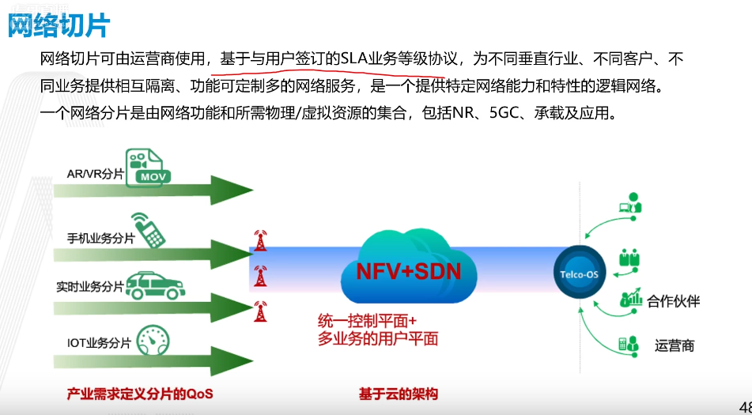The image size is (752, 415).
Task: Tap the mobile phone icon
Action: [x=148, y=228]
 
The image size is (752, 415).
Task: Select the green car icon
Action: [x=157, y=285]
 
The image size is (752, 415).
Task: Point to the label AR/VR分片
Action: [x=96, y=173]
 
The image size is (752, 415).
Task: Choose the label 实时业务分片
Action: [x=89, y=287]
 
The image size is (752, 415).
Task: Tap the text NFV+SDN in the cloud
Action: [x=408, y=273]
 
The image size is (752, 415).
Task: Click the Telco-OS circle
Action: [x=577, y=274]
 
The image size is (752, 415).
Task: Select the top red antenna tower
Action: [x=259, y=240]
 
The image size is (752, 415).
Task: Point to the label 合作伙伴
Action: [x=673, y=301]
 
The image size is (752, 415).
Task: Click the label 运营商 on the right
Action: [x=675, y=345]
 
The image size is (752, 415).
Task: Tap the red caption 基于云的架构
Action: [x=398, y=394]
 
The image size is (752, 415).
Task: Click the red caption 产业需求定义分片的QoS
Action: [x=140, y=394]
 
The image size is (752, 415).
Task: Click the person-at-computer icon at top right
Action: [x=629, y=203]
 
